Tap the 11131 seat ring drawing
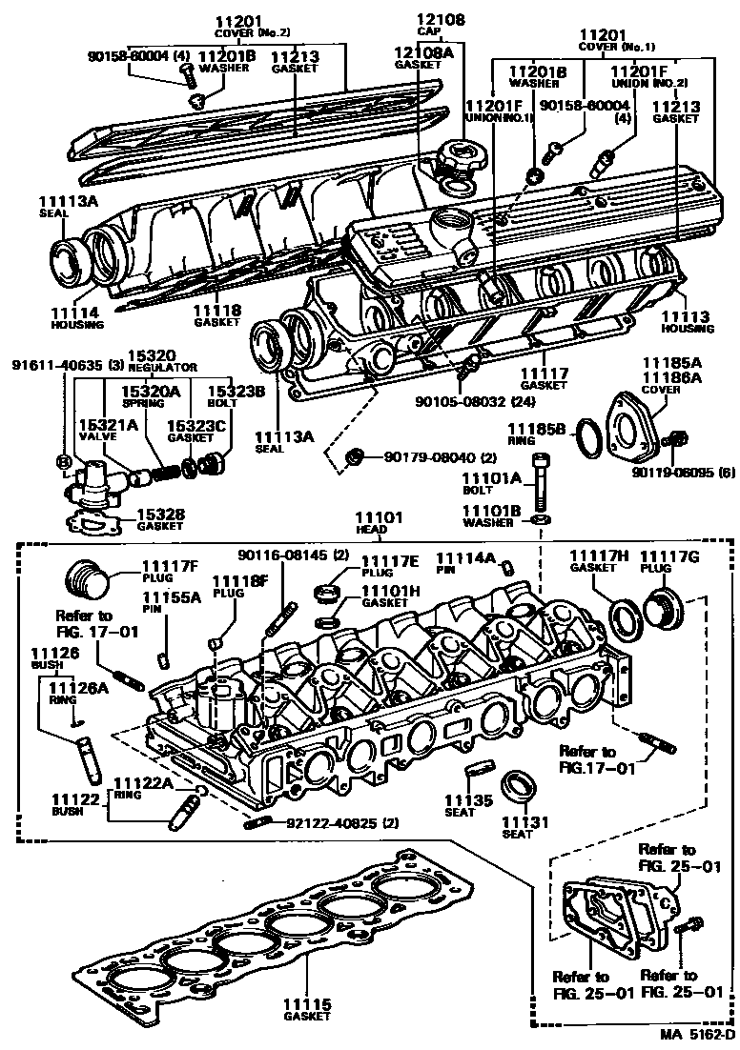click(x=520, y=787)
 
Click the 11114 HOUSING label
click(x=76, y=317)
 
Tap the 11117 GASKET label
click(x=544, y=379)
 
